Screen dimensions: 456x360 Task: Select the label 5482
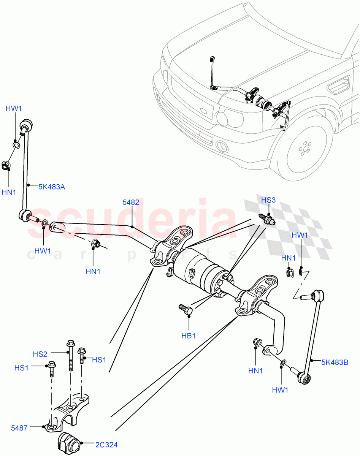pyautogui.click(x=130, y=203)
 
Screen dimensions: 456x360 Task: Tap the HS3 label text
pyautogui.click(x=269, y=200)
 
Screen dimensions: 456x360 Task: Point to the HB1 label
pyautogui.click(x=188, y=336)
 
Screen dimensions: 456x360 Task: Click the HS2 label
pyautogui.click(x=40, y=354)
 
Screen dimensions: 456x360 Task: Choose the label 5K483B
pyautogui.click(x=335, y=362)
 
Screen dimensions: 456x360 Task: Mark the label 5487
pyautogui.click(x=19, y=428)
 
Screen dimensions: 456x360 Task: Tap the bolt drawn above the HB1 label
pyautogui.click(x=186, y=309)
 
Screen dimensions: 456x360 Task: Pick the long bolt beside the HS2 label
pyautogui.click(x=71, y=355)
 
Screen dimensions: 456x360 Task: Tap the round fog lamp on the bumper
pyautogui.click(x=221, y=146)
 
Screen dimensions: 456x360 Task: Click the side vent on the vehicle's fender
pyautogui.click(x=338, y=85)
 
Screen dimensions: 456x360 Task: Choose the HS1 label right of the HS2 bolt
pyautogui.click(x=99, y=359)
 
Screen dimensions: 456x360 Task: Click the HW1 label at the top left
pyautogui.click(x=14, y=109)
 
